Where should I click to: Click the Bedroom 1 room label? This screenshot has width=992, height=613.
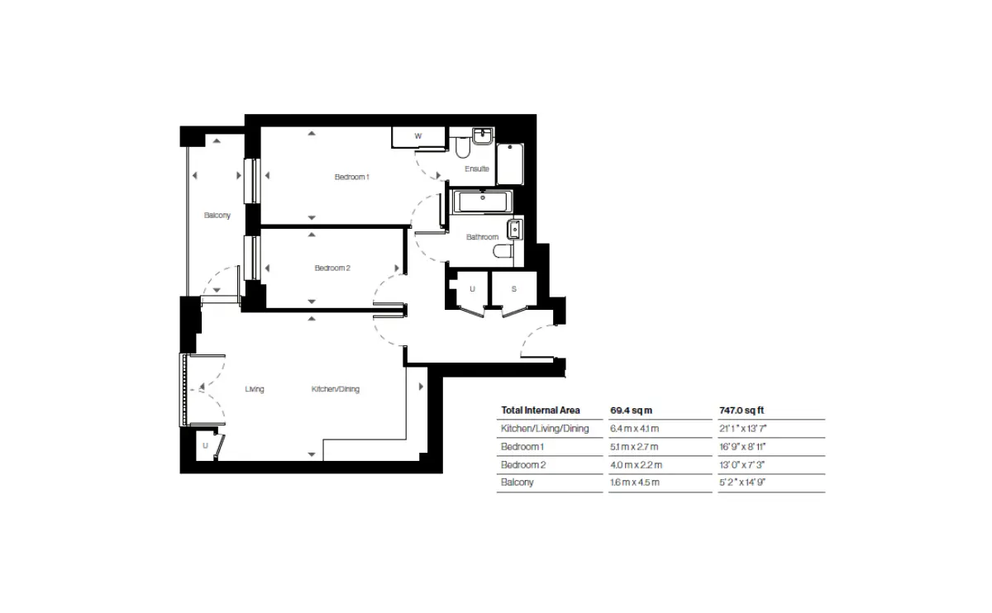(x=351, y=177)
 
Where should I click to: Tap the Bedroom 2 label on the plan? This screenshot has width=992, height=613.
(x=332, y=268)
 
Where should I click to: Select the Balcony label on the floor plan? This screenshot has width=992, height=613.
(x=217, y=216)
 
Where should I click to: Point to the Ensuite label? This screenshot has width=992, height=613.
(x=476, y=169)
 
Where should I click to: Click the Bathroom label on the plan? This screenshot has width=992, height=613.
(x=482, y=237)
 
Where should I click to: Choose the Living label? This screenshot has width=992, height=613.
(x=255, y=389)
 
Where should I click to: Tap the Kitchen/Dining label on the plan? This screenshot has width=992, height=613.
(x=336, y=389)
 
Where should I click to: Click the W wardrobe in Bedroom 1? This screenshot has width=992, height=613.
(x=418, y=137)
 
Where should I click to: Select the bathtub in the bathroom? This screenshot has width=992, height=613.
(x=482, y=202)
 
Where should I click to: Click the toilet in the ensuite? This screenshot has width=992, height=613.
(x=462, y=147)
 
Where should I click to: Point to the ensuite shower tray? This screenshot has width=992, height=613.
(x=510, y=164)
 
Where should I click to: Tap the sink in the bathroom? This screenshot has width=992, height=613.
(x=514, y=230)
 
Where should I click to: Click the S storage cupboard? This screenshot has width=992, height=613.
(x=514, y=288)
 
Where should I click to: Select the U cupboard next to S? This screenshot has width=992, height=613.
(x=472, y=288)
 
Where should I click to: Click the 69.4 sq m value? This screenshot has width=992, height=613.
(x=631, y=411)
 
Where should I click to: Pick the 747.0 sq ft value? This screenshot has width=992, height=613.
(x=742, y=411)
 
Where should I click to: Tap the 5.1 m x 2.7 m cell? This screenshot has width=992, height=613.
(x=634, y=447)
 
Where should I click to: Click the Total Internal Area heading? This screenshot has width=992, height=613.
(x=541, y=411)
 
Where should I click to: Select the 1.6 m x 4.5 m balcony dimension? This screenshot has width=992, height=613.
(x=635, y=482)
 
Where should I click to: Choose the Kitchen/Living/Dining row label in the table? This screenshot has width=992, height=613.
(x=545, y=429)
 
